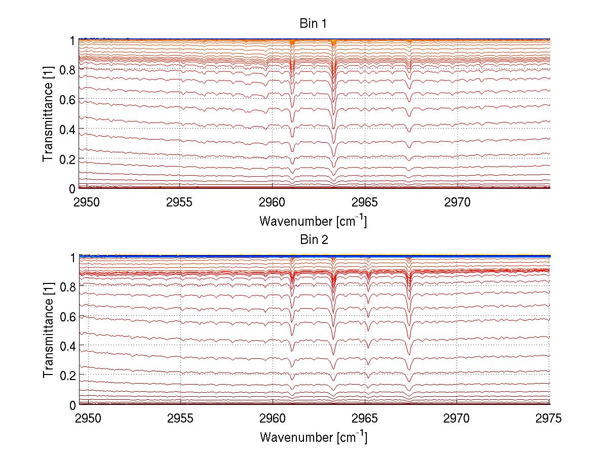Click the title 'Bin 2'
click(314, 240)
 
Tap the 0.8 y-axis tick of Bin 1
click(68, 69)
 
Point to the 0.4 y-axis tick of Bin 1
click(68, 129)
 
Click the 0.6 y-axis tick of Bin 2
click(68, 316)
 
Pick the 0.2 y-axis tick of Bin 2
click(68, 376)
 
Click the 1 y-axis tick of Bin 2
click(73, 257)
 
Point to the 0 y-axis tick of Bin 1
click(73, 189)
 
